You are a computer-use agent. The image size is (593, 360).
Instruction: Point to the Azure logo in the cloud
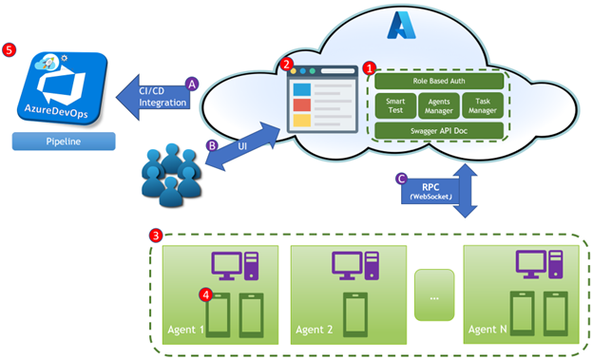[x=398, y=27]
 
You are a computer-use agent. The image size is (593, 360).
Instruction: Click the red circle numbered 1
[x=370, y=69]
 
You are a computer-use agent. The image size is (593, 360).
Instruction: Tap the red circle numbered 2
[x=288, y=65]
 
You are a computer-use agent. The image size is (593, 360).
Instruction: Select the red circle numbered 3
[x=157, y=235]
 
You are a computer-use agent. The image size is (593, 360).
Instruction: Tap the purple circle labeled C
[x=402, y=178]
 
